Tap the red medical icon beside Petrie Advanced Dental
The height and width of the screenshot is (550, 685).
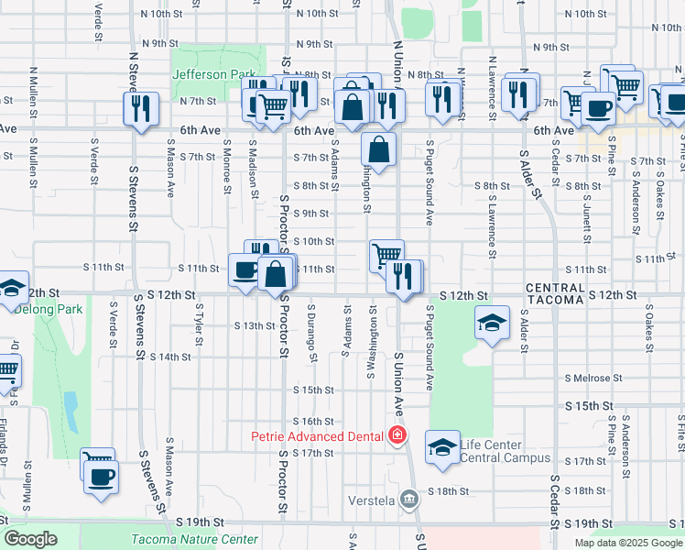[x=397, y=434]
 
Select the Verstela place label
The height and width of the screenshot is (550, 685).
[x=375, y=500]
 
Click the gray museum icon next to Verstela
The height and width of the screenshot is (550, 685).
[x=408, y=500]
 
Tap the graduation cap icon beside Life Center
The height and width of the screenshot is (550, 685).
[x=443, y=447]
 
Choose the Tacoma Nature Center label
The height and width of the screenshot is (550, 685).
[x=194, y=539]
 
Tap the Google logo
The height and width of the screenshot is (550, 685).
[x=31, y=538]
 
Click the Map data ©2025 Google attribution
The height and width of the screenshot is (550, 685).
[x=628, y=543]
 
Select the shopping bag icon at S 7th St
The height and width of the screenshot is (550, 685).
[x=379, y=148]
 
